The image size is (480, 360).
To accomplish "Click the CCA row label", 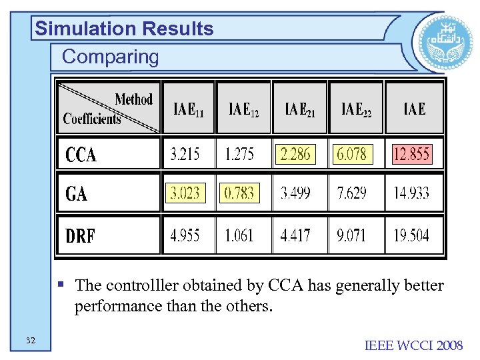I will tap(81, 155).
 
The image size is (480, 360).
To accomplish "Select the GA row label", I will tap(77, 194).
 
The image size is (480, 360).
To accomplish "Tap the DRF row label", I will tap(81, 235).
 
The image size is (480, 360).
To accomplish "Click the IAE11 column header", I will tap(189, 109).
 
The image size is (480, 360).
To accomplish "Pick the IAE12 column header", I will tap(243, 109).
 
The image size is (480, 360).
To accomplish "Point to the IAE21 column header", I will tap(300, 109).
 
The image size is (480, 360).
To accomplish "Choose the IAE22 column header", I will tap(356, 109).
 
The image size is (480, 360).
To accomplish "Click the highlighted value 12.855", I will tap(411, 155).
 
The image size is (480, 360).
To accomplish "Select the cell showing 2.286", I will tap(295, 155).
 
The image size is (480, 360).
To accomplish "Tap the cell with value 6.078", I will tap(351, 155).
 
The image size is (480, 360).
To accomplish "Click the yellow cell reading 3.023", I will tap(185, 193).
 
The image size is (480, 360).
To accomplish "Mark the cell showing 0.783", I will tap(239, 193).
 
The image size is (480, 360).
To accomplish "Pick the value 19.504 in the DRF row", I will tap(411, 235).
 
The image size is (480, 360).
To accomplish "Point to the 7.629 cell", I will tap(351, 193).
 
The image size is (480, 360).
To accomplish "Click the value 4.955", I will tap(185, 235).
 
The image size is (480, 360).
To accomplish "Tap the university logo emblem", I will tap(437, 41).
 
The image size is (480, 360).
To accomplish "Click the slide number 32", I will tap(31, 341).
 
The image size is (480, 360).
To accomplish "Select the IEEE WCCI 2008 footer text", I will tap(413, 345).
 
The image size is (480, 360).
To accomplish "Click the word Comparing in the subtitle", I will tap(111, 57).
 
